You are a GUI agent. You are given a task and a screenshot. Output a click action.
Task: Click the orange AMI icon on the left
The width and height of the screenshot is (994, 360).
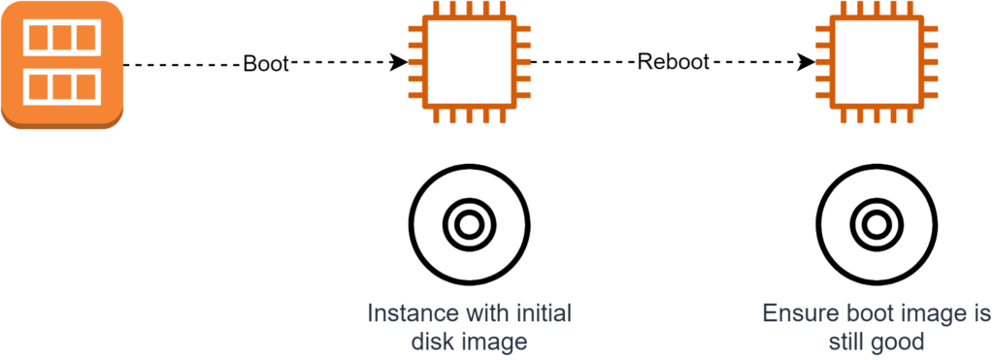62,64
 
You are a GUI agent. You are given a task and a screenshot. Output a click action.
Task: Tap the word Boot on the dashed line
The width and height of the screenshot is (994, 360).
266,64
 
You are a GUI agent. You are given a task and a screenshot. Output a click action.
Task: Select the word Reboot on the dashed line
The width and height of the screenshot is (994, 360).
674,64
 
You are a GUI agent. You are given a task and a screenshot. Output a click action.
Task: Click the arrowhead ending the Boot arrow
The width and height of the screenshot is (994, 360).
399,64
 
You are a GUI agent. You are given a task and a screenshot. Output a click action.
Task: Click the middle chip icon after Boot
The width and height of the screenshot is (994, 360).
469,64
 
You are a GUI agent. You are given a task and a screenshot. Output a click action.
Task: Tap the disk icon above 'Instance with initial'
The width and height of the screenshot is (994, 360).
469,225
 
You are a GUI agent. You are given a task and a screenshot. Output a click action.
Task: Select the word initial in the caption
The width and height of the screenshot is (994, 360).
542,315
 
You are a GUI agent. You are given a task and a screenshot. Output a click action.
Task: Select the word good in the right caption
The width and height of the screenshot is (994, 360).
902,343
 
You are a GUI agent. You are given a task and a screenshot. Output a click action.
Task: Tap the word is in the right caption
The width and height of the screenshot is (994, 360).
978,315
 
